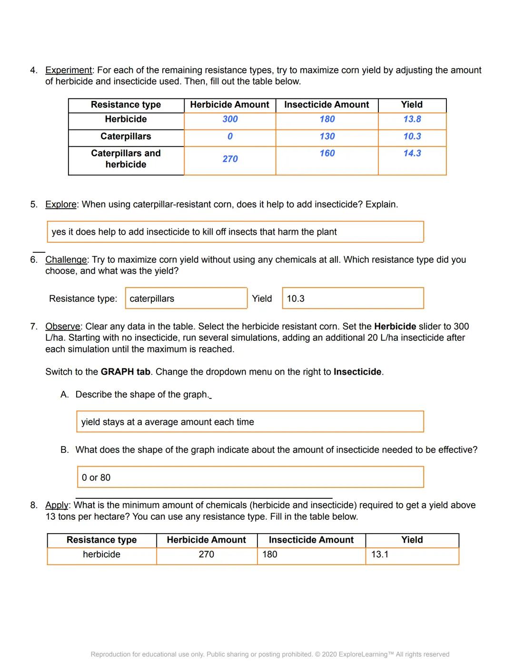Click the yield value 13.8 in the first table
pyautogui.click(x=412, y=119)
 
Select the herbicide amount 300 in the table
pyautogui.click(x=230, y=119)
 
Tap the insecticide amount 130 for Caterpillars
pyautogui.click(x=327, y=137)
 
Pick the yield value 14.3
pyautogui.click(x=412, y=153)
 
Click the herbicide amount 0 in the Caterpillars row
pyautogui.click(x=230, y=137)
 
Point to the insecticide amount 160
pyautogui.click(x=327, y=153)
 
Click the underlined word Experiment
pyautogui.click(x=68, y=70)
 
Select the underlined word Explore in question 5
pyautogui.click(x=60, y=205)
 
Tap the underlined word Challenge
pyautogui.click(x=66, y=260)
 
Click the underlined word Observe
pyautogui.click(x=62, y=327)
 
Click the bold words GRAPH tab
pyautogui.click(x=125, y=372)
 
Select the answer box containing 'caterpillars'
pyautogui.click(x=186, y=298)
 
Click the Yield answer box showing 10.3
pyautogui.click(x=352, y=298)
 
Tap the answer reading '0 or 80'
pyautogui.click(x=249, y=477)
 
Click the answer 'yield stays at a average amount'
pyautogui.click(x=249, y=422)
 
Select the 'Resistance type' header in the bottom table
pyautogui.click(x=101, y=540)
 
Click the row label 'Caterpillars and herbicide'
pyautogui.click(x=126, y=159)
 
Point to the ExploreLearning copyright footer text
pyautogui.click(x=270, y=655)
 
